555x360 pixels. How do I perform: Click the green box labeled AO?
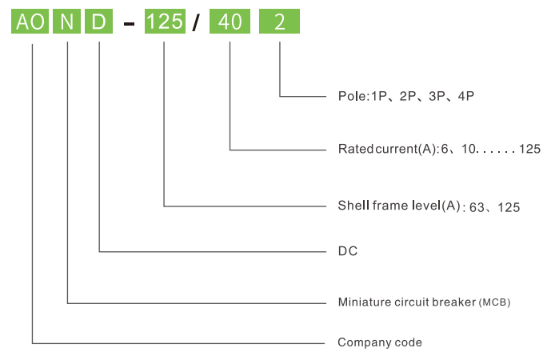tap(30, 22)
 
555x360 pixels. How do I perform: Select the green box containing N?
tap(66, 22)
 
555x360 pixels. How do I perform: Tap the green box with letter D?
tap(98, 22)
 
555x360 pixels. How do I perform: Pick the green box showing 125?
tap(165, 22)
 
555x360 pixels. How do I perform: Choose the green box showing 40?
tap(230, 22)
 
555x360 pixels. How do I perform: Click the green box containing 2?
tap(279, 22)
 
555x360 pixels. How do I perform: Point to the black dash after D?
tap(129, 24)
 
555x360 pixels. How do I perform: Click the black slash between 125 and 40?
tap(196, 22)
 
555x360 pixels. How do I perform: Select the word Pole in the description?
tap(352, 96)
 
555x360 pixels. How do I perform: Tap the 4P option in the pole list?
tap(465, 96)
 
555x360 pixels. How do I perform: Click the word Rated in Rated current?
tap(355, 149)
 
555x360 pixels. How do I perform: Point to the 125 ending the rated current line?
tap(530, 149)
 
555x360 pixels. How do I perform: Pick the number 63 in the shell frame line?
tap(477, 207)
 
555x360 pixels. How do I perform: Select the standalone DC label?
tap(348, 251)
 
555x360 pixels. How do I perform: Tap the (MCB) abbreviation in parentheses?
tap(494, 302)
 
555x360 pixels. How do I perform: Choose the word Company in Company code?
tap(359, 342)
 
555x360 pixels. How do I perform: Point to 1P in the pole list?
tap(379, 96)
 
